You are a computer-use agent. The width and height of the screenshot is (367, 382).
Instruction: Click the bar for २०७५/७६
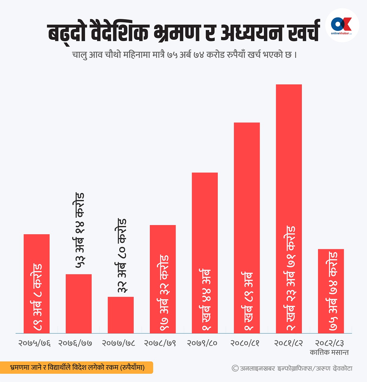click(x=37, y=284)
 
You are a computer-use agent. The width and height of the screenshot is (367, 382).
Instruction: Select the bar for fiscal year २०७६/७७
click(x=79, y=303)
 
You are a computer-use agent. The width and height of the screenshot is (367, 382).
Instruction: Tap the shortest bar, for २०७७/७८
click(x=120, y=315)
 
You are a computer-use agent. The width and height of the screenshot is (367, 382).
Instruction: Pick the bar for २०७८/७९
click(x=163, y=279)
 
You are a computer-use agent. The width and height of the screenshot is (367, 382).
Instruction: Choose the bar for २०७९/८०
click(x=205, y=253)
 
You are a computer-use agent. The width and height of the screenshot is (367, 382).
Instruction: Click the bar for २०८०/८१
click(x=247, y=228)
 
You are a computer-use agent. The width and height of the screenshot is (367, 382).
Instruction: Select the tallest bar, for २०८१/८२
click(x=289, y=209)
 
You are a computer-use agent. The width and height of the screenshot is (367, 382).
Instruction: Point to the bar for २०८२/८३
click(x=331, y=291)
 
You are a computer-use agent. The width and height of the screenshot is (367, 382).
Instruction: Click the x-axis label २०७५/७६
click(x=34, y=343)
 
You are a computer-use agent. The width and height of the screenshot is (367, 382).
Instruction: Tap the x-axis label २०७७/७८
click(x=118, y=343)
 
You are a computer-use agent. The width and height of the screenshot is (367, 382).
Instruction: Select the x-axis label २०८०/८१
click(x=245, y=343)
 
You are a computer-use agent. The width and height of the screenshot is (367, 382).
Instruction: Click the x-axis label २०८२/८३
click(x=329, y=343)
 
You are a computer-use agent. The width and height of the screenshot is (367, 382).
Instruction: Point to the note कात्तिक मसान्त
click(x=329, y=352)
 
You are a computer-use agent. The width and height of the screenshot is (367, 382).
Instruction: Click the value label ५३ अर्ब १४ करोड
click(x=80, y=230)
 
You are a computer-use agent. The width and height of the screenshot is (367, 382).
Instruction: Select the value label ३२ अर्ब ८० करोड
click(x=122, y=255)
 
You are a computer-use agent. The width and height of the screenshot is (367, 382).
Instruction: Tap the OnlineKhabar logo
click(x=342, y=25)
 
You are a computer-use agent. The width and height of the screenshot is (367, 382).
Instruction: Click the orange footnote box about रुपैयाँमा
click(x=76, y=367)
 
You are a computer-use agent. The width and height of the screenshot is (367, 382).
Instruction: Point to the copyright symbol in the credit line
click(x=235, y=368)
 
